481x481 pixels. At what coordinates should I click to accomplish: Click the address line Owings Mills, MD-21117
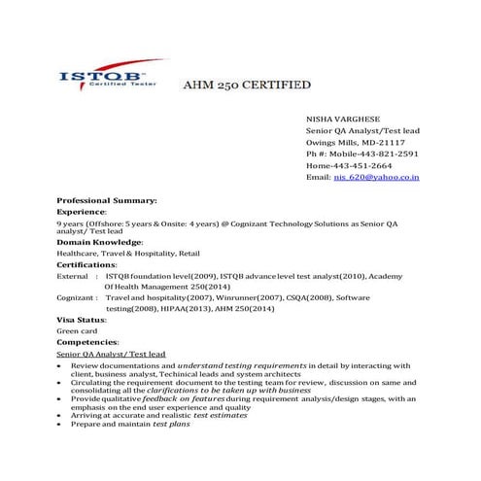point(356,141)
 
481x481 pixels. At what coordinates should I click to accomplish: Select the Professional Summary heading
point(106,199)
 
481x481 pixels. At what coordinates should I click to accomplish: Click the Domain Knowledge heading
point(99,241)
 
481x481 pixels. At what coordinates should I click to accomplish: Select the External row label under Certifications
point(75,276)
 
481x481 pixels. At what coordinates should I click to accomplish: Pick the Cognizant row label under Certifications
point(78,297)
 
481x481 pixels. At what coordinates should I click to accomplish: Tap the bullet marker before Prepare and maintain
point(61,425)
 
